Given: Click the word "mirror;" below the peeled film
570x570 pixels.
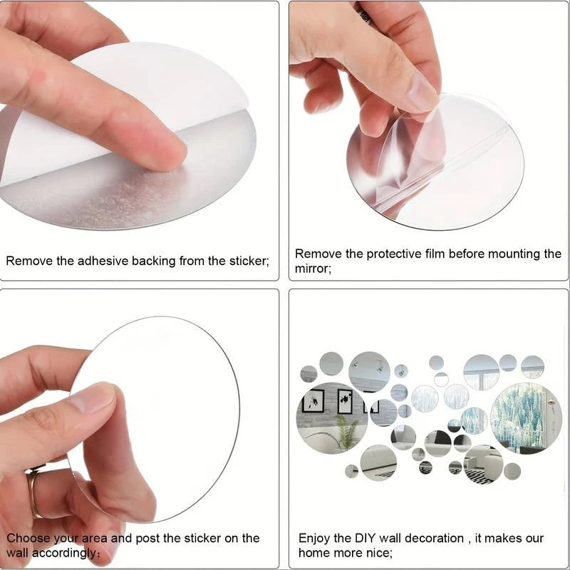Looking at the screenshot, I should (313, 269).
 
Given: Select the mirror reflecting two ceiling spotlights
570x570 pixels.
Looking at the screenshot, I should (369, 371).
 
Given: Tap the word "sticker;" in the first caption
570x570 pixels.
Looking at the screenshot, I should (249, 261).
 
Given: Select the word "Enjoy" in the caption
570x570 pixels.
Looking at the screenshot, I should (313, 539).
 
